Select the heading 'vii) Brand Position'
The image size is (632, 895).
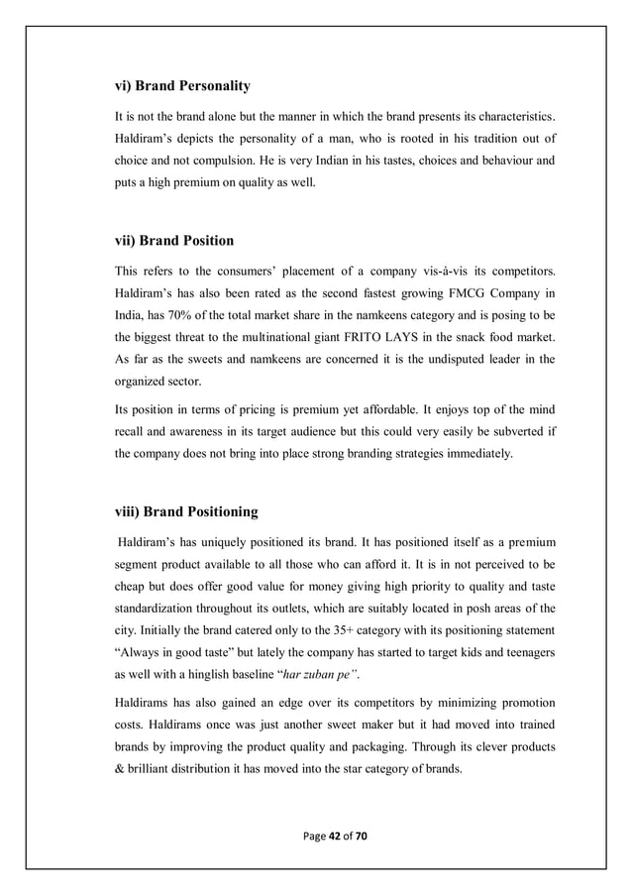175,239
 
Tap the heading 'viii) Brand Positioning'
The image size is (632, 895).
187,511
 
